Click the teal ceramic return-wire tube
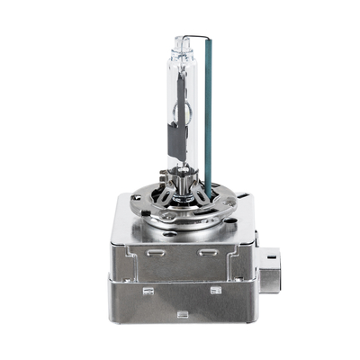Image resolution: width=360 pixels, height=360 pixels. click(x=209, y=117)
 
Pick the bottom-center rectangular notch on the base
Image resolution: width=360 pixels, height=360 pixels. click(x=183, y=314)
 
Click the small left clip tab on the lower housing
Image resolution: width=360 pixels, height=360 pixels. click(x=148, y=291)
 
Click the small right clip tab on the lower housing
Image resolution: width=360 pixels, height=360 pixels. click(x=216, y=291)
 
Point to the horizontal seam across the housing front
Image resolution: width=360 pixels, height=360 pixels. click(x=180, y=276)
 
